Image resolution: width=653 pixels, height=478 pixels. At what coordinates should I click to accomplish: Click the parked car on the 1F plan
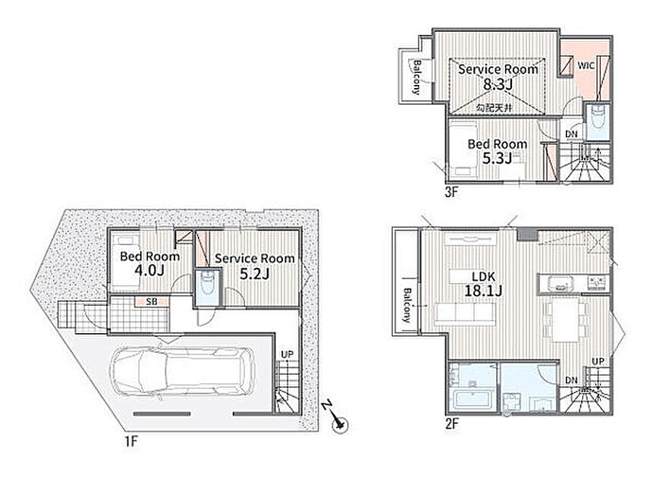(x=184, y=372)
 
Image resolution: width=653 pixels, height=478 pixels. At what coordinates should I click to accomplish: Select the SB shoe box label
(x=152, y=301)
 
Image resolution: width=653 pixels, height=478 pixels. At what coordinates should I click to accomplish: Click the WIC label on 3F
(x=586, y=66)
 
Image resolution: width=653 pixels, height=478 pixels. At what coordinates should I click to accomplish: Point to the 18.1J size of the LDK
(x=483, y=291)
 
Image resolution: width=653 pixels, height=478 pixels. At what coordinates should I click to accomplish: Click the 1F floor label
(x=130, y=442)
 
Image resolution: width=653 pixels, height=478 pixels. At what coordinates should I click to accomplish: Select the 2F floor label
(x=452, y=424)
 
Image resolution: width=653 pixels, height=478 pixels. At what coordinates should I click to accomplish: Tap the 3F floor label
(x=451, y=192)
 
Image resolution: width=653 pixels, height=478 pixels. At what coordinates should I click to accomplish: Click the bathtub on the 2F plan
(x=472, y=400)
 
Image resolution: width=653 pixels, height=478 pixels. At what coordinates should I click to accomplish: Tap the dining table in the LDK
(x=566, y=319)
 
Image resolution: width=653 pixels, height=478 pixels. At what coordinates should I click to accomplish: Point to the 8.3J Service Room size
(x=498, y=84)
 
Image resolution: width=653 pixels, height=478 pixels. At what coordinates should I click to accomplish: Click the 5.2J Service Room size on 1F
(x=255, y=273)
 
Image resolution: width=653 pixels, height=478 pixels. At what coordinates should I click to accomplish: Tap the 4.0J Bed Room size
(x=149, y=270)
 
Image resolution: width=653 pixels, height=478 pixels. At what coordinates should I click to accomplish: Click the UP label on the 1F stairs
(x=287, y=354)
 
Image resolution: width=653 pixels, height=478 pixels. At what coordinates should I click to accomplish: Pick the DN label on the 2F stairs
(x=571, y=380)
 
